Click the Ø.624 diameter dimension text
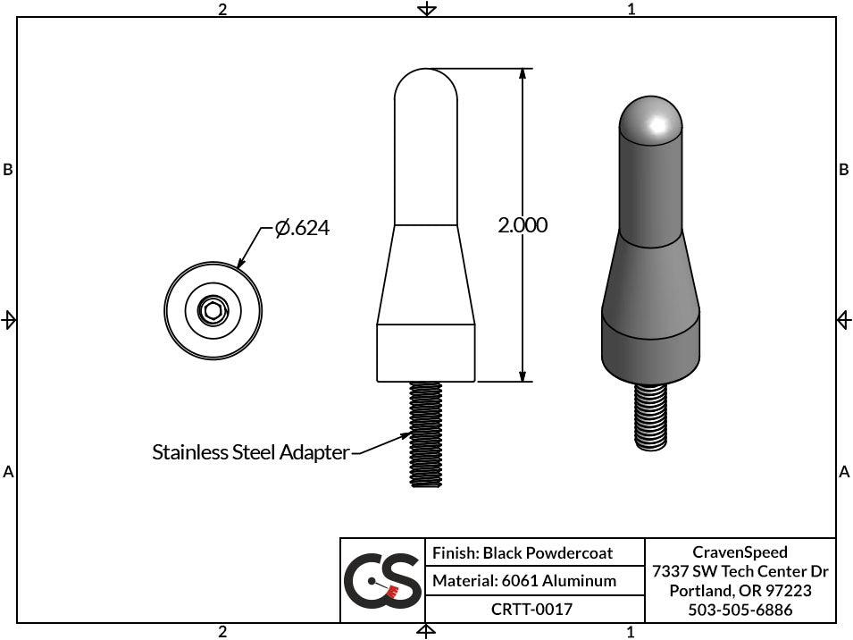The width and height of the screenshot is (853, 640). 302,229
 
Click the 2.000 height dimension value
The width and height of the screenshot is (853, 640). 523,225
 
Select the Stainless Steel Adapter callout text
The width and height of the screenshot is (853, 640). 250,452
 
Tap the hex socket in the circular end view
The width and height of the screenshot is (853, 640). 213,312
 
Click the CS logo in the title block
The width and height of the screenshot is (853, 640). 382,581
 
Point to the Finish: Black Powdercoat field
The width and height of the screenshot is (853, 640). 523,553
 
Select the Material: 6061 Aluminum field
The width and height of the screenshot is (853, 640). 524,581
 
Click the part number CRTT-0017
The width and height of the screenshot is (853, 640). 532,610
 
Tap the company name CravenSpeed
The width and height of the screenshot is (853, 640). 740,552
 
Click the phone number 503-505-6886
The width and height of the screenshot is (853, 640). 740,610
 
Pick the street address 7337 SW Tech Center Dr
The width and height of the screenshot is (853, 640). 740,571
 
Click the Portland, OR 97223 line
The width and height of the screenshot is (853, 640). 740,591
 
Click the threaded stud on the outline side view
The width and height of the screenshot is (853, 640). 426,434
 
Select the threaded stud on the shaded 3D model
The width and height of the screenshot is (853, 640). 651,416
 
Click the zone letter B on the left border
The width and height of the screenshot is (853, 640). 8,170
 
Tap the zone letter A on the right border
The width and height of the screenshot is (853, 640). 843,472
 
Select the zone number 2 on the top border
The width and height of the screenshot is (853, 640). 222,9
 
